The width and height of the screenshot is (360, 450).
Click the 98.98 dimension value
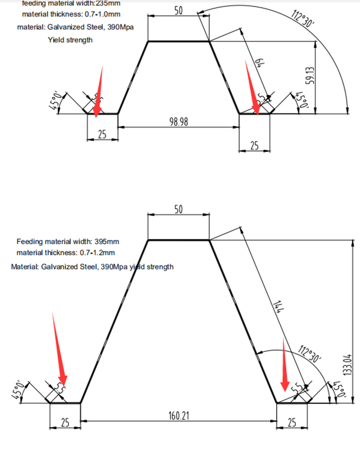[179, 122]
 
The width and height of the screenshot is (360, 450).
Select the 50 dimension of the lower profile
[178, 210]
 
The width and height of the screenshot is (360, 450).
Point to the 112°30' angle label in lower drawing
[310, 354]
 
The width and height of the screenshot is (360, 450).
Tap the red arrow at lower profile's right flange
[284, 365]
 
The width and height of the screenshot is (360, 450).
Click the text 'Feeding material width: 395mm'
[68, 241]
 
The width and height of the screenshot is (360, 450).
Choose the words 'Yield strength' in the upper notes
[70, 40]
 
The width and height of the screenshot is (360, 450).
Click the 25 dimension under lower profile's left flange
[65, 422]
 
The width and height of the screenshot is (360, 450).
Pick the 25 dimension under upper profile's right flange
[254, 145]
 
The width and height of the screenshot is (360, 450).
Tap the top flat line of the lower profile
[179, 240]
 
